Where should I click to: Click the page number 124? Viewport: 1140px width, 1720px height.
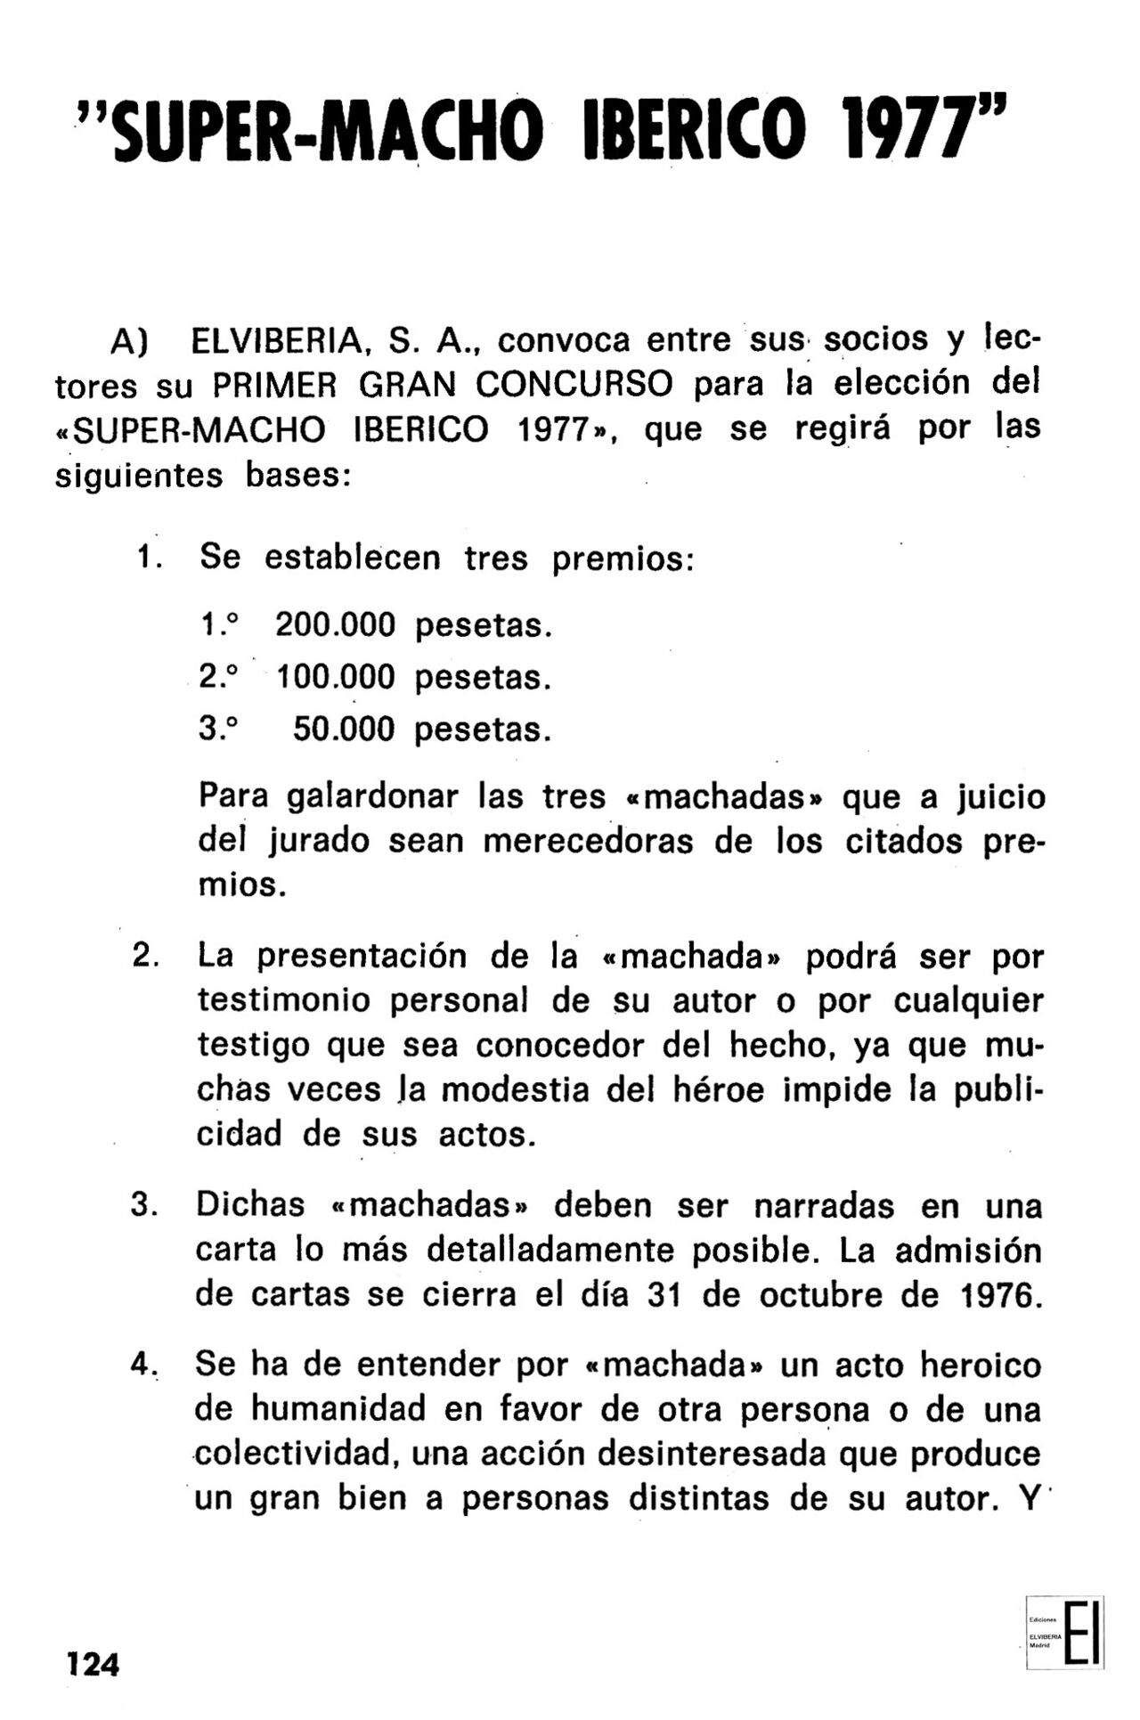93,1663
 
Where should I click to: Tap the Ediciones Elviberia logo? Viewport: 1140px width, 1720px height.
1064,1632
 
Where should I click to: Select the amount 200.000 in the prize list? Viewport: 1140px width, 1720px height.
335,625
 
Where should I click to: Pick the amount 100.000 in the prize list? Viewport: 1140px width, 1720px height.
336,678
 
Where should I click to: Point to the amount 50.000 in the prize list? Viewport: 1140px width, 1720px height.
344,730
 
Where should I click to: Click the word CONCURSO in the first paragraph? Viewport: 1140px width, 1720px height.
574,384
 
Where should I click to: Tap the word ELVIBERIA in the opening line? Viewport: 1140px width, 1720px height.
274,340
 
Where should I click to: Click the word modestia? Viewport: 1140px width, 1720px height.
516,1089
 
